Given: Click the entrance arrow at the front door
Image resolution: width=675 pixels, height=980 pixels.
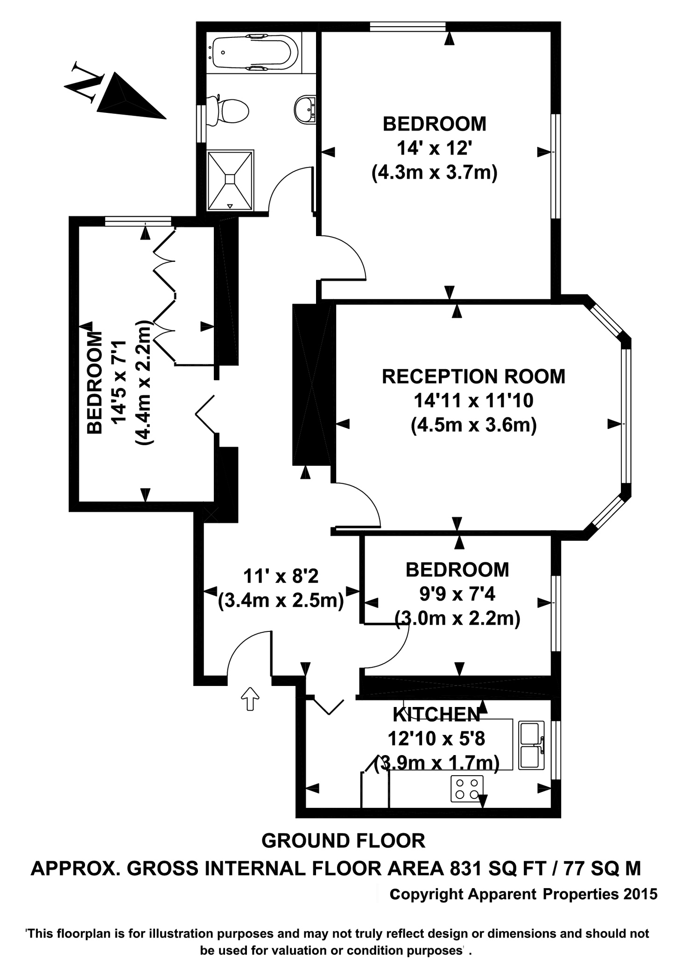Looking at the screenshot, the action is click(x=250, y=699).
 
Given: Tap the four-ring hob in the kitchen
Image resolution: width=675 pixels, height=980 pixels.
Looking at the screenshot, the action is click(x=467, y=788).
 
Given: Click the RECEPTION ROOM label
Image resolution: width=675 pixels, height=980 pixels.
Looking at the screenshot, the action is click(x=473, y=376).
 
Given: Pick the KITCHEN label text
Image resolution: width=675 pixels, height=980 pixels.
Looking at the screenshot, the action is click(x=436, y=714).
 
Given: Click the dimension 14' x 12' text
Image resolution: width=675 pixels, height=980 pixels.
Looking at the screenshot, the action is click(x=432, y=148).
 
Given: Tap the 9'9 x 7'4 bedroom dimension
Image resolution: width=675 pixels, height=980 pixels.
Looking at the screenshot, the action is click(x=457, y=594).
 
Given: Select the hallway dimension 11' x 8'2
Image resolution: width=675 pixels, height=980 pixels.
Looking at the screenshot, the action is click(x=281, y=576).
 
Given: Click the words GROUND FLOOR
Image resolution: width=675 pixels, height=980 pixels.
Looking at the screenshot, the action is click(x=343, y=840).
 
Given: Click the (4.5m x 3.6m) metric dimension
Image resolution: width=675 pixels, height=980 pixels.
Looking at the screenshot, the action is click(x=473, y=425).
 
